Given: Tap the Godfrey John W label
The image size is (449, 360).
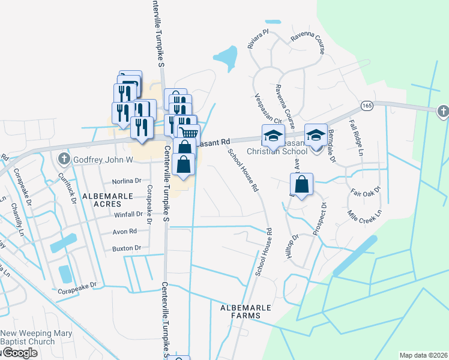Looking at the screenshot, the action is coord(102,160).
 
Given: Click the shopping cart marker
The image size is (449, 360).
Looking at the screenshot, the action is coord(188,133).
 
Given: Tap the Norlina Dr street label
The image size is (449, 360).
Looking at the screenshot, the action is coord(126,181).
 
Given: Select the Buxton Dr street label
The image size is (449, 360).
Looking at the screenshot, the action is coord(125,248).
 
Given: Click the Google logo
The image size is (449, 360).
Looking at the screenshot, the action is coord(19,353).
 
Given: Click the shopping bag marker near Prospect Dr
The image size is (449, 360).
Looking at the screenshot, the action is coord(303,185).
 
